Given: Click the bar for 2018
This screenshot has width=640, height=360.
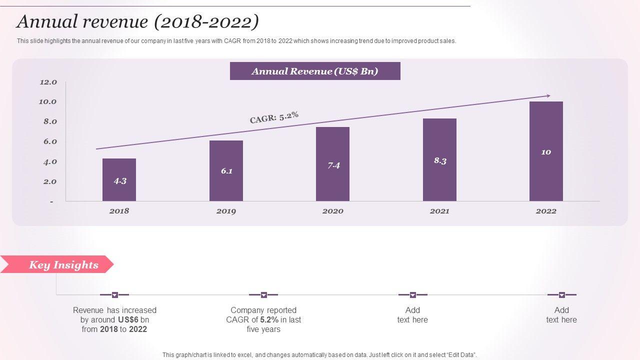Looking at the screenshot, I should click(119, 179).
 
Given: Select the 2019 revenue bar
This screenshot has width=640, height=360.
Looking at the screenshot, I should click(226, 170).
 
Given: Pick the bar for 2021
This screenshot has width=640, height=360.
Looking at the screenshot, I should click(439, 159).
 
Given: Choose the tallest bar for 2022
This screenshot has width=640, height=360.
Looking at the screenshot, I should click(546, 151).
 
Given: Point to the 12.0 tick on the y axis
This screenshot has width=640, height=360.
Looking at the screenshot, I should click(48, 82).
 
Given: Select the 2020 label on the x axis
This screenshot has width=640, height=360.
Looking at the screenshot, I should click(332, 211).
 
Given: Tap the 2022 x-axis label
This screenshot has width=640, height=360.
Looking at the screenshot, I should click(546, 211).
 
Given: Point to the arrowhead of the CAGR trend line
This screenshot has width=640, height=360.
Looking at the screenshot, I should click(548, 95).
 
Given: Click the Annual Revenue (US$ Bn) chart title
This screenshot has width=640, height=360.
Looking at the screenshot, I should click(315, 71).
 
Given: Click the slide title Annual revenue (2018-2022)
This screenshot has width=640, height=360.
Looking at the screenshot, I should click(137, 21).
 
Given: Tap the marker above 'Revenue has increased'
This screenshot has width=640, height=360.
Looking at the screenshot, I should click(115, 295).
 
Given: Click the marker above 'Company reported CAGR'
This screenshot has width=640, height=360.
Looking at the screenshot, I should click(264, 295).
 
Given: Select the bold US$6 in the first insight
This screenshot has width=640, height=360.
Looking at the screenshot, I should click(128, 320).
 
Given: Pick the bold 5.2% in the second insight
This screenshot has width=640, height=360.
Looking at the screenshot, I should click(269, 320).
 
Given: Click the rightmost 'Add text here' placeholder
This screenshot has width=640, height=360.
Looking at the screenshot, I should click(561, 315).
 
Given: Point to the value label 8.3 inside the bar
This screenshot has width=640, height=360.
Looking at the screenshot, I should click(440, 160).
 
